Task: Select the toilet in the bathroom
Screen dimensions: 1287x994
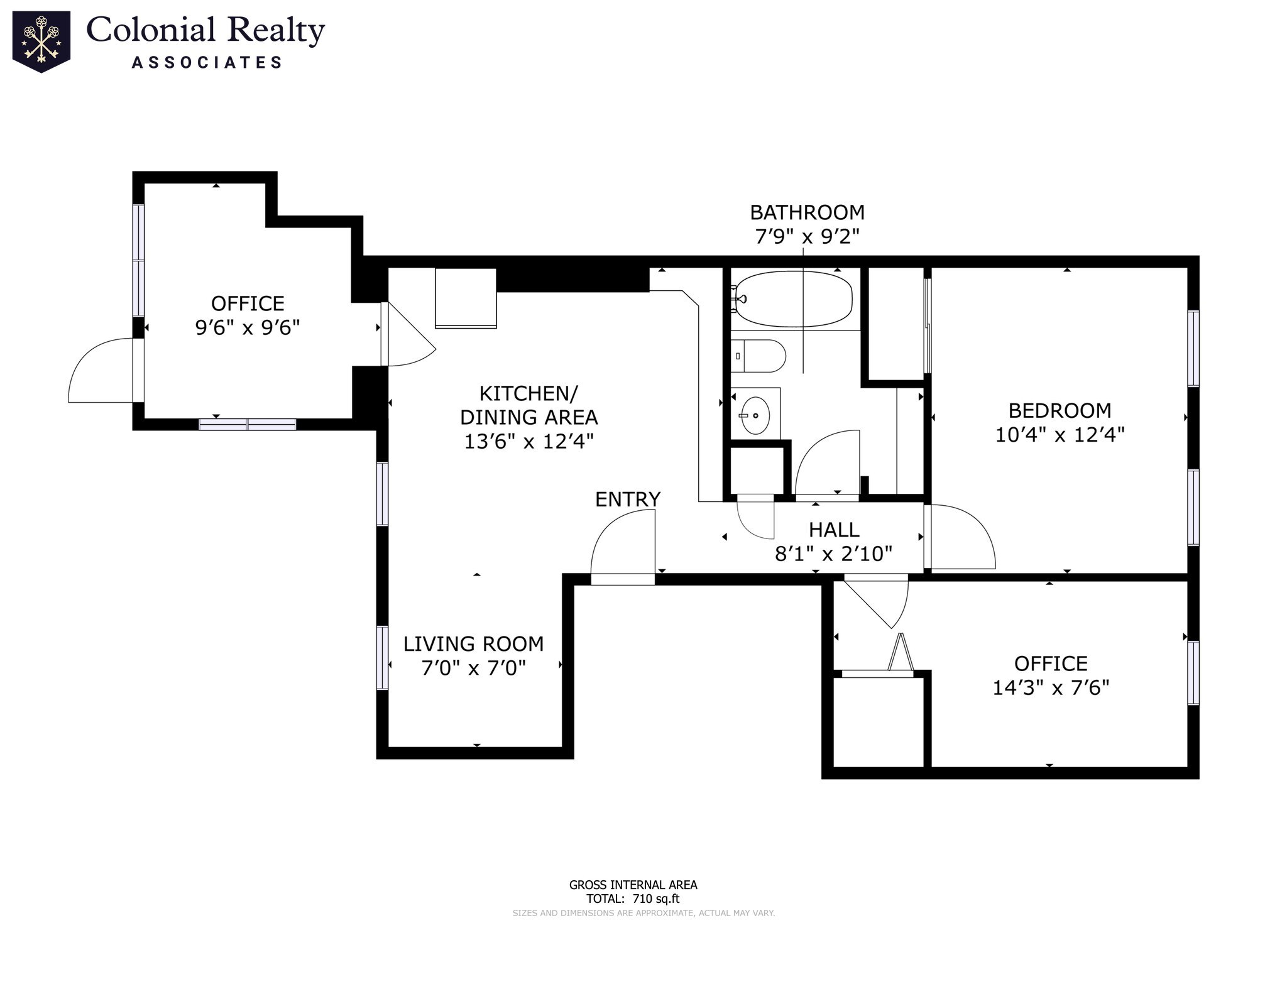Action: [759, 356]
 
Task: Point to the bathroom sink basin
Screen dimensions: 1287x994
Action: [755, 415]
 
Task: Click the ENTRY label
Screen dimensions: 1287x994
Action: [628, 500]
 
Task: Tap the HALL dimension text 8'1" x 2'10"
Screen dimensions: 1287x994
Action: [833, 554]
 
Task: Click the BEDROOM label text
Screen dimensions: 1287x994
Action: [1060, 411]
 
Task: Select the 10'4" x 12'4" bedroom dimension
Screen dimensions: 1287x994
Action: [1060, 435]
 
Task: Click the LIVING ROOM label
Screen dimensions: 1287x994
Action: [473, 644]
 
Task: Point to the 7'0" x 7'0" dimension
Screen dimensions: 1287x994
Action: [473, 667]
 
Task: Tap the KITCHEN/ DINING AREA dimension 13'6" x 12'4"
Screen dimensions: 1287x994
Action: [528, 441]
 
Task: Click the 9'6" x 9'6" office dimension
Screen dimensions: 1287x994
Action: [248, 327]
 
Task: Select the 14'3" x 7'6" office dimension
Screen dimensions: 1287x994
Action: [1051, 687]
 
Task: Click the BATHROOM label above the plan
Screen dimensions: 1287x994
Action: [807, 212]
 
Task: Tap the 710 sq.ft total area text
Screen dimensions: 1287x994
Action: [656, 898]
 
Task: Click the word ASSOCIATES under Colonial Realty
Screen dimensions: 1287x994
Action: [207, 62]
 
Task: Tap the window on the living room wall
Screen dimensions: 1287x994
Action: [382, 658]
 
